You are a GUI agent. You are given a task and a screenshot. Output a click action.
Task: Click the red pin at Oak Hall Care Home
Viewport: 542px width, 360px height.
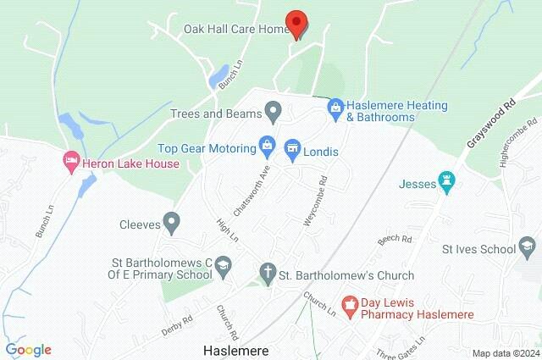point(296,23)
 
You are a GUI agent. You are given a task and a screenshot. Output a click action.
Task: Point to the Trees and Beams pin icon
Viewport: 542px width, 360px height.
point(273,111)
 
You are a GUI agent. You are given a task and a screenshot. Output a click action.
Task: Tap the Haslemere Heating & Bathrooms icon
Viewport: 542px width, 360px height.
point(335,108)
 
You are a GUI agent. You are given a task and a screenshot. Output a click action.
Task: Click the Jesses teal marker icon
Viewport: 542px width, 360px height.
point(448,182)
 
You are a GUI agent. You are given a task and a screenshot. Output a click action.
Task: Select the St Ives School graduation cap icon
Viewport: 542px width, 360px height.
point(528,248)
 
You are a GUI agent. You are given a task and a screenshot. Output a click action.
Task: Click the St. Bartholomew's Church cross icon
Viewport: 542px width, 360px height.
point(268,274)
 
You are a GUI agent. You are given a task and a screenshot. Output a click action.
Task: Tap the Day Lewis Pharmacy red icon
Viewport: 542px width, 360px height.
point(348,302)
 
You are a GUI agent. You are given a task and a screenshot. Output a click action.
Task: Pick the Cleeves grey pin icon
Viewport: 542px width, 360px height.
point(172,224)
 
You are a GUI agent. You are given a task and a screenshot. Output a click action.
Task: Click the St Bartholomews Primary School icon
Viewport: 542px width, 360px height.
point(224,266)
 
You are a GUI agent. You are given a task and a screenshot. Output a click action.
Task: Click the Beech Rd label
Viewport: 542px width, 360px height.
point(394,241)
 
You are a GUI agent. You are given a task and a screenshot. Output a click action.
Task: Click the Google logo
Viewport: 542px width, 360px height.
point(28,349)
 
